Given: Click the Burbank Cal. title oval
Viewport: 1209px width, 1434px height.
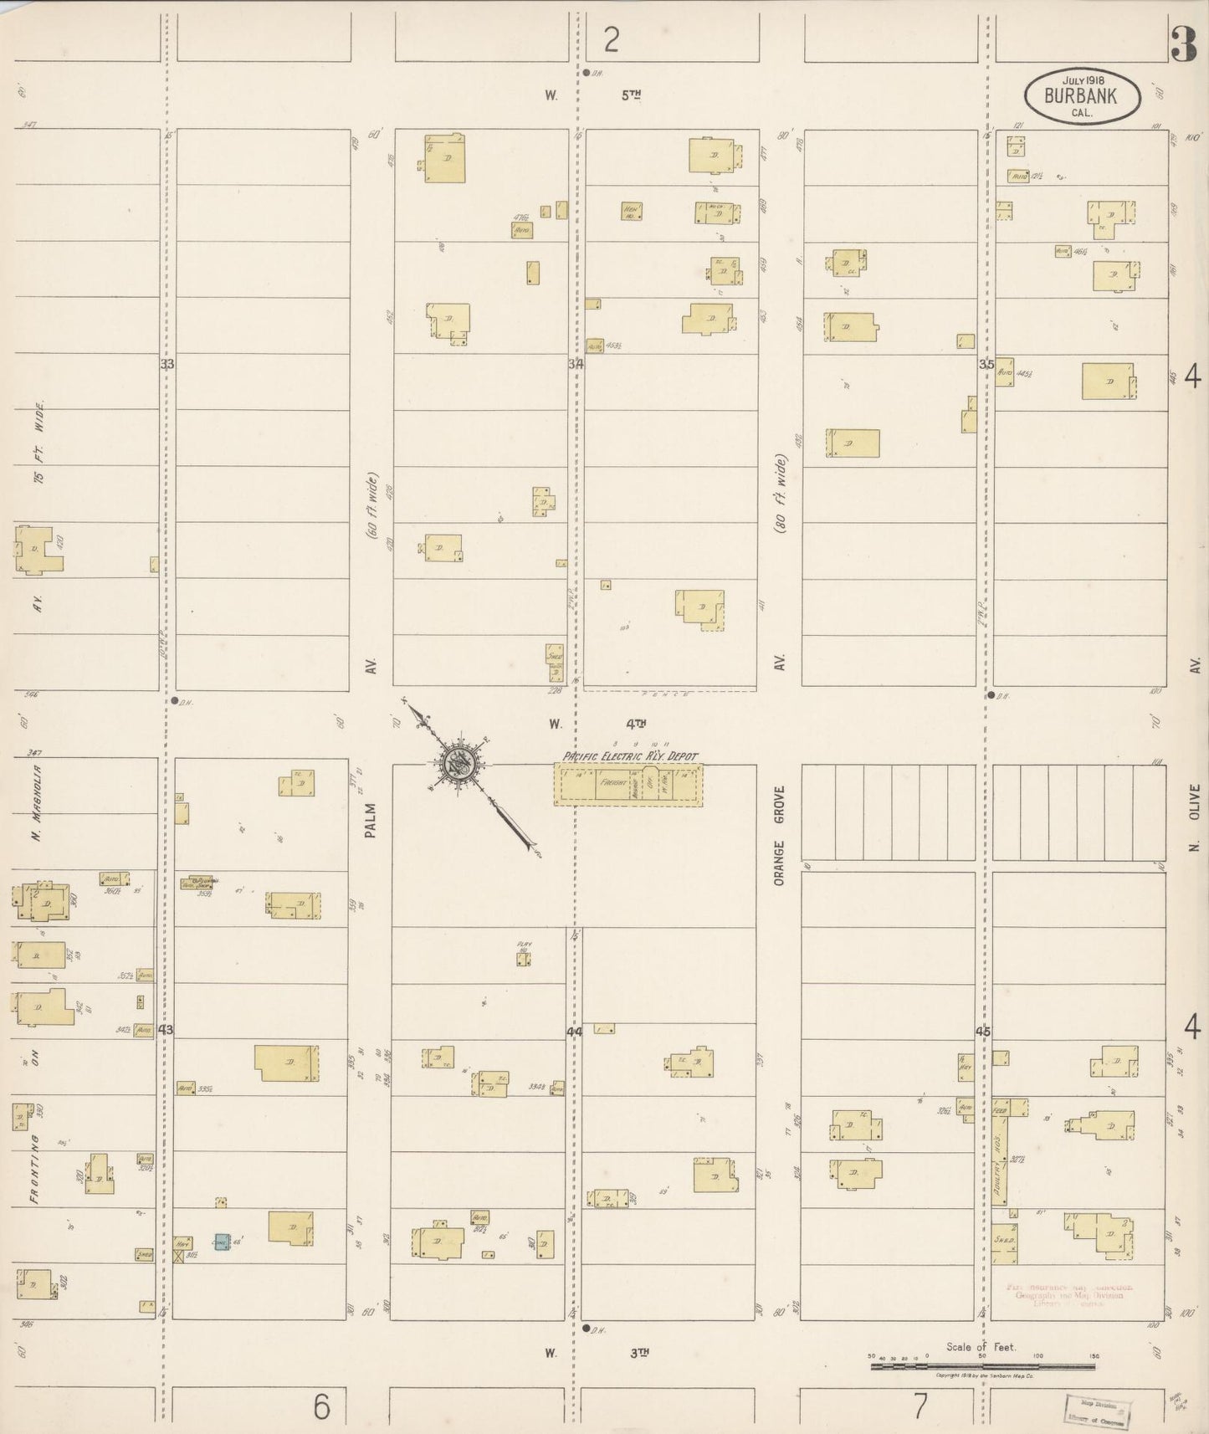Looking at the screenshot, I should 1082,95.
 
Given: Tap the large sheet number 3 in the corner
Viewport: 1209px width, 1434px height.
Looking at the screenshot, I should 1183,44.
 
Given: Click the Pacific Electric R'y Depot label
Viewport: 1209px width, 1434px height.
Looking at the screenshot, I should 630,755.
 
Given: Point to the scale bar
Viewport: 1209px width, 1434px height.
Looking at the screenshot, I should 982,1366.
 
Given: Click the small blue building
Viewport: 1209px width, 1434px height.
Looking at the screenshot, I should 222,1242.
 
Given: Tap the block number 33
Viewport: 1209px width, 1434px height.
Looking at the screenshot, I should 167,364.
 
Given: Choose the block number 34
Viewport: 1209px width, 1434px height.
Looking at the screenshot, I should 576,364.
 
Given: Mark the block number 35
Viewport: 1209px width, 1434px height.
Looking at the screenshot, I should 986,364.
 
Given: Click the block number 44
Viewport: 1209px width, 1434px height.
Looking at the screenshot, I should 574,1032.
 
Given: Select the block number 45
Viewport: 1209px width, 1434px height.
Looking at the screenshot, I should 983,1032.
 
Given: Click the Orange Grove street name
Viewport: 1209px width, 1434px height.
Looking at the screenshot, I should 780,835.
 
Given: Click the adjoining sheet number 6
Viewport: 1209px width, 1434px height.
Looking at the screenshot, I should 321,1406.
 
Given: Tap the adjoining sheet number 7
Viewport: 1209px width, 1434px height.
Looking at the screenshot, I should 920,1406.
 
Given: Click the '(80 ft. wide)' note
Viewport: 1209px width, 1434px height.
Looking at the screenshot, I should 780,494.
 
